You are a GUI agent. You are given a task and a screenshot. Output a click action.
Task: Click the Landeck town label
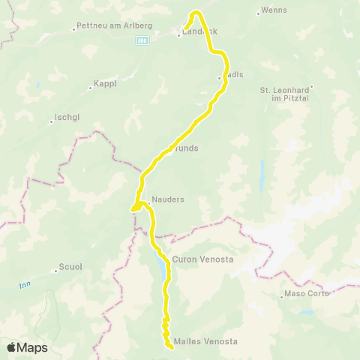(x=199, y=31)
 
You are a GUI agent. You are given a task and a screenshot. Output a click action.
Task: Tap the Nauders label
(x=166, y=200)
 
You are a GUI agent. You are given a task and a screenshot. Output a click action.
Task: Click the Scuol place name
(x=70, y=268)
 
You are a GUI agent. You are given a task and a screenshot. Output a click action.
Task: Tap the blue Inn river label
(x=24, y=284)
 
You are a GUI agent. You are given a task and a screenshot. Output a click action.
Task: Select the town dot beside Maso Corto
(x=283, y=293)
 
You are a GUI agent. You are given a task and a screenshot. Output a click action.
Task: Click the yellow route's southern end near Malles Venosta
(x=172, y=346)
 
